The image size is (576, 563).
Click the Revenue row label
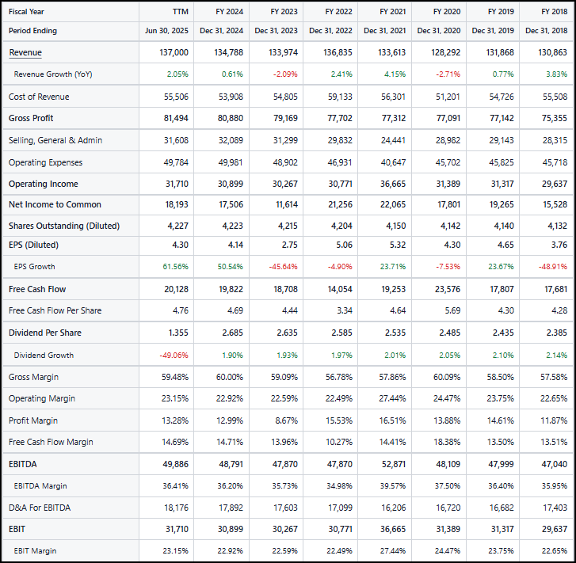tap(25, 52)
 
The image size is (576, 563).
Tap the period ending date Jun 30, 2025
tap(167, 31)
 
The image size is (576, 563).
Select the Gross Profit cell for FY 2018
tap(554, 118)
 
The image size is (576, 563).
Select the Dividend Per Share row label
tap(45, 333)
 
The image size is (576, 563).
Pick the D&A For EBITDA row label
tap(40, 508)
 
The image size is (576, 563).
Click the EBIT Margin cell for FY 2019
tap(500, 550)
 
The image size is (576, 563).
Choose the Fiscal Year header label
tap(28, 12)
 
